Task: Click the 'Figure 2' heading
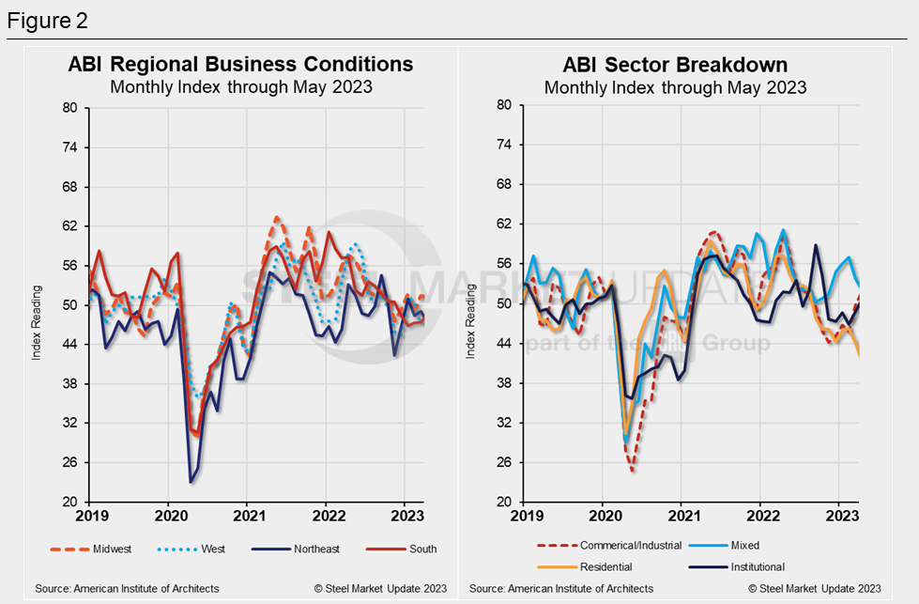pos(48,20)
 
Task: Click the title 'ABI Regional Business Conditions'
pos(240,64)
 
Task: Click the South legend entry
pos(421,550)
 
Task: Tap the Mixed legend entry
pos(741,545)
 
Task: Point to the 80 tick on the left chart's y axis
pos(69,108)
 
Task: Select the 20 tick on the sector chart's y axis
pos(504,502)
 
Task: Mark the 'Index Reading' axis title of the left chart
pos(37,305)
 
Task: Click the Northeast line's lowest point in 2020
pos(191,482)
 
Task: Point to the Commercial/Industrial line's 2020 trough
pos(633,471)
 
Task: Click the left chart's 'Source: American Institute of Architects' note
pos(127,589)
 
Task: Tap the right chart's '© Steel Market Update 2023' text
pos(815,589)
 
